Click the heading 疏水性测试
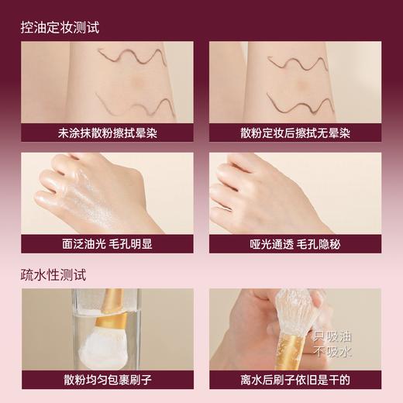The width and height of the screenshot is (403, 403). coord(55,274)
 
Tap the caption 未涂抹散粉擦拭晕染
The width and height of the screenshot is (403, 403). coord(107,133)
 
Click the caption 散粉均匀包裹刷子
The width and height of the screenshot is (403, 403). coord(107,380)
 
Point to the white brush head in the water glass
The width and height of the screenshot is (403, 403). coord(91,341)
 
